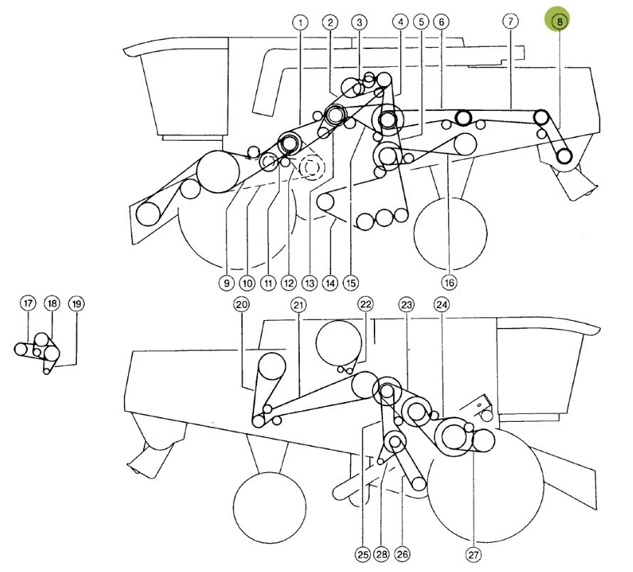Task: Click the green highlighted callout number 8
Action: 559,21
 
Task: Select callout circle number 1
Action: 300,23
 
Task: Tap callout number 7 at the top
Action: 511,21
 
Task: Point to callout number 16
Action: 449,282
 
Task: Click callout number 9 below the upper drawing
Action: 226,282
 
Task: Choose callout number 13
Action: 310,282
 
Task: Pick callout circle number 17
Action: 28,303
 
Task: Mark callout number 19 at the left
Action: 77,304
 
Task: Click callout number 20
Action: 241,304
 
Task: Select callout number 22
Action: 365,304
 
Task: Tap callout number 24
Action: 441,304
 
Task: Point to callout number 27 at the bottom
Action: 473,555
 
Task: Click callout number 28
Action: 382,554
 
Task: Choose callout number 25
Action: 363,555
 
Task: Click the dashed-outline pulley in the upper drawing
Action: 312,167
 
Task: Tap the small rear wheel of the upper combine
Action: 451,233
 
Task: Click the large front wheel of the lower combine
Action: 485,486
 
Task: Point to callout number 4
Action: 400,22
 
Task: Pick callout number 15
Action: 351,282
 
